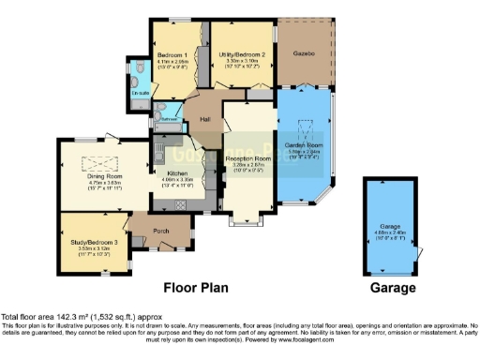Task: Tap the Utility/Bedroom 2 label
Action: (x=242, y=55)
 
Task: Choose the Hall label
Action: (x=203, y=118)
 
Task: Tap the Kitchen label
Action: (x=178, y=174)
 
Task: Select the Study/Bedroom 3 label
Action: (x=95, y=241)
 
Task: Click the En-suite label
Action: (x=140, y=93)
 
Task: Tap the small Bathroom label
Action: (x=168, y=120)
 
